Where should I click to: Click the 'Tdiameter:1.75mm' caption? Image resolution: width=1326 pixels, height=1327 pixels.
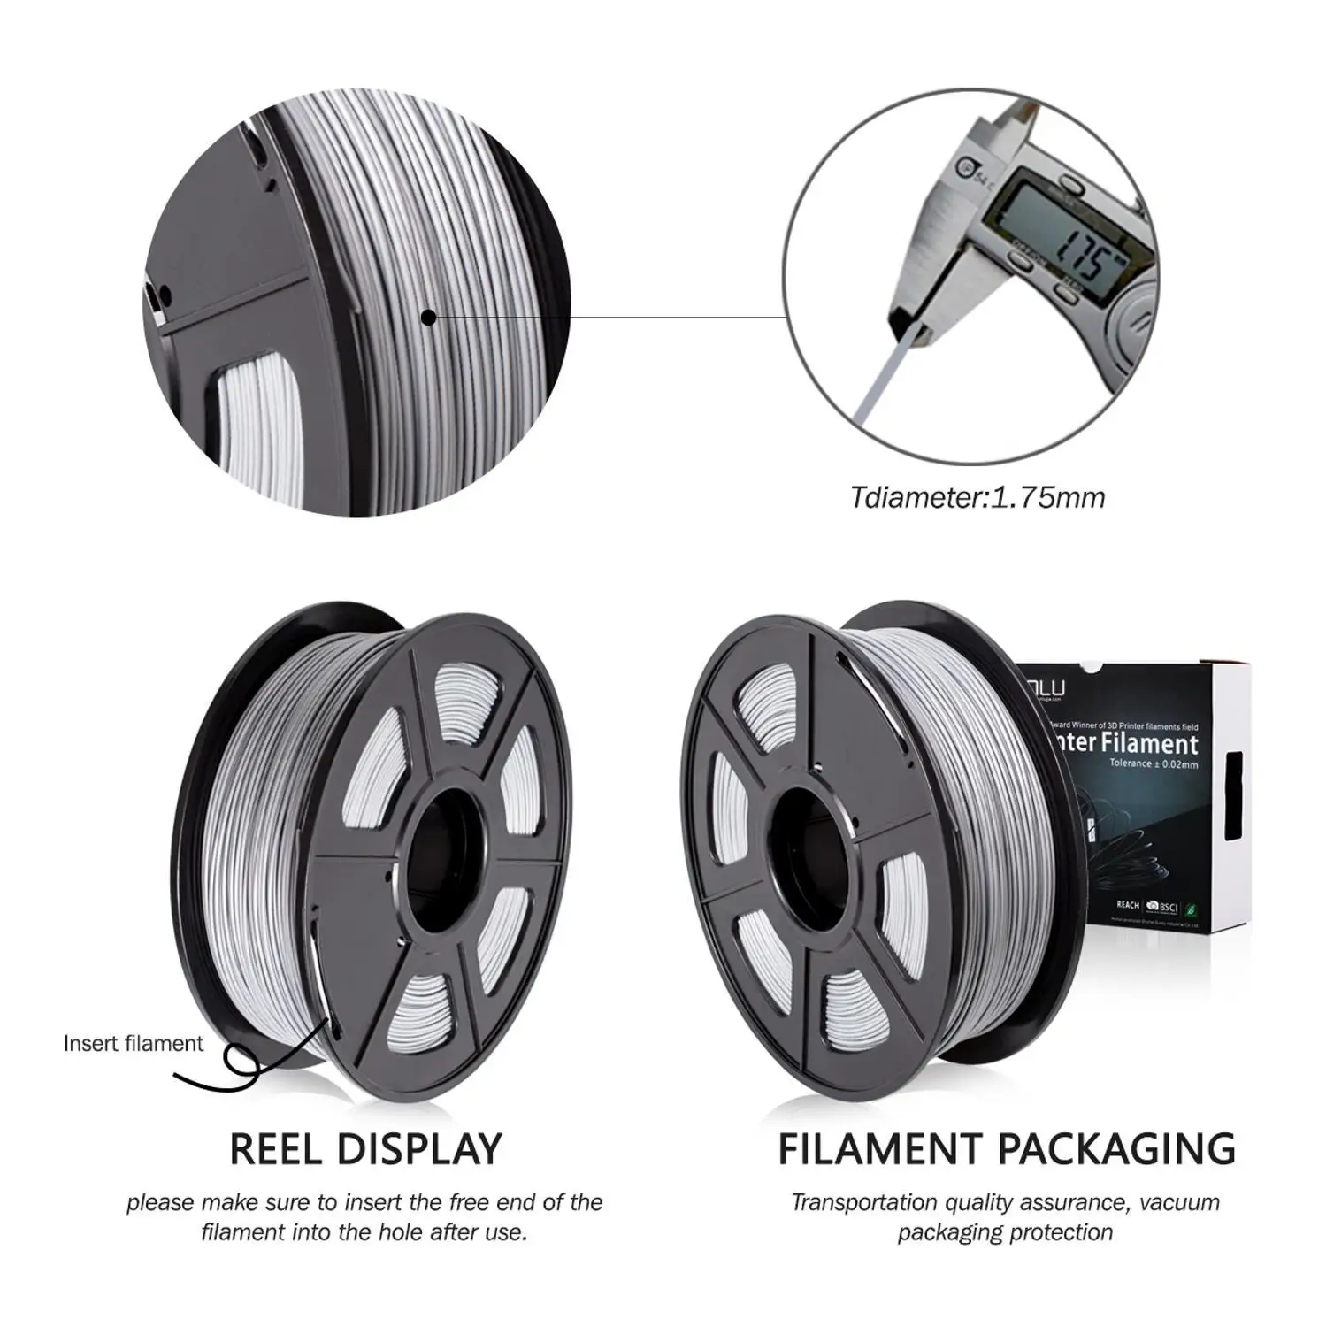click(977, 497)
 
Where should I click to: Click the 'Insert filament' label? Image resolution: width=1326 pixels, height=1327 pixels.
click(133, 1043)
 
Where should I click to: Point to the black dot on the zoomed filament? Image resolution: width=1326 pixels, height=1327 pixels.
click(429, 317)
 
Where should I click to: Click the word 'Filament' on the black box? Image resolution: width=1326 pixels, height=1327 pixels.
click(1149, 743)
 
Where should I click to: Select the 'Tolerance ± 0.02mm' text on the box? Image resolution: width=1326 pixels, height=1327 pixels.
click(1154, 763)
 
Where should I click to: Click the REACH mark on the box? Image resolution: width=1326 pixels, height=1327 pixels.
click(1128, 905)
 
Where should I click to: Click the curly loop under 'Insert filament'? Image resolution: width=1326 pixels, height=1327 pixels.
click(241, 1059)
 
